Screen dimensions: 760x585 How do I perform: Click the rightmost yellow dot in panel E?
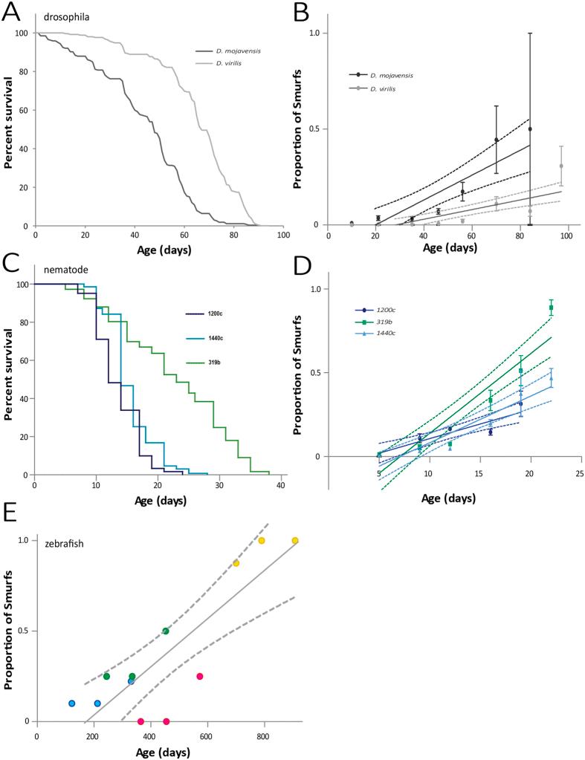295,540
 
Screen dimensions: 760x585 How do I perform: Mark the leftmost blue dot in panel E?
72,703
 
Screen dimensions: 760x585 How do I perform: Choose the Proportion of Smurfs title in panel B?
297,130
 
